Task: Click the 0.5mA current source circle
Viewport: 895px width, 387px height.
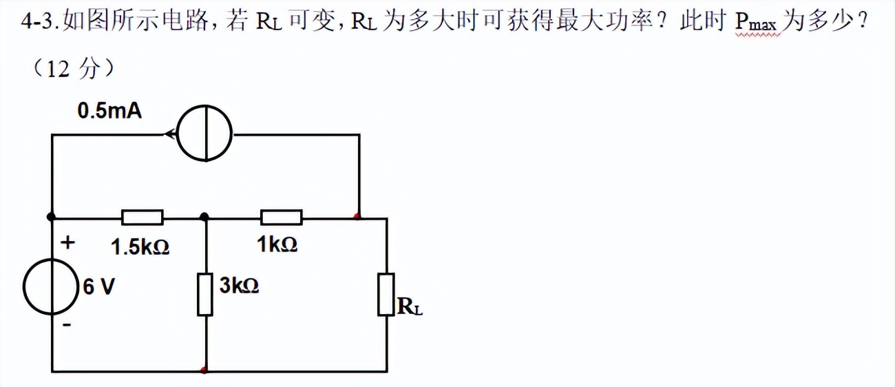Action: (x=205, y=134)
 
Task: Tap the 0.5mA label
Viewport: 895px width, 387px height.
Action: (x=110, y=111)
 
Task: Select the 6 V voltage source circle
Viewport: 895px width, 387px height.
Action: (x=50, y=286)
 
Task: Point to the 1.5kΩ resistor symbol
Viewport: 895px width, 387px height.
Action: (x=143, y=218)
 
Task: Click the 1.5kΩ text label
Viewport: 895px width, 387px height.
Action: (x=140, y=247)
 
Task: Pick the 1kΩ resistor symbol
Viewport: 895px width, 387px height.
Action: (x=281, y=218)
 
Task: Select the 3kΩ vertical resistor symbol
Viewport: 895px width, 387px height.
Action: (x=205, y=294)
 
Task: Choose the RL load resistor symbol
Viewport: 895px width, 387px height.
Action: (x=386, y=294)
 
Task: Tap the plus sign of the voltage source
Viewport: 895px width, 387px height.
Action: (x=67, y=242)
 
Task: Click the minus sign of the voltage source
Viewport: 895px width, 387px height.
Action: (x=67, y=324)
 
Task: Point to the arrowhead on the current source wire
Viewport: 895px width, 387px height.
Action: (x=168, y=134)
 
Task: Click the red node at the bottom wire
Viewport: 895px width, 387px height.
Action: (x=204, y=370)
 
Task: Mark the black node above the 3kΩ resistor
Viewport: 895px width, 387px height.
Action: (x=204, y=217)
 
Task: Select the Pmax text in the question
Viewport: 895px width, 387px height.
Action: (x=756, y=23)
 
